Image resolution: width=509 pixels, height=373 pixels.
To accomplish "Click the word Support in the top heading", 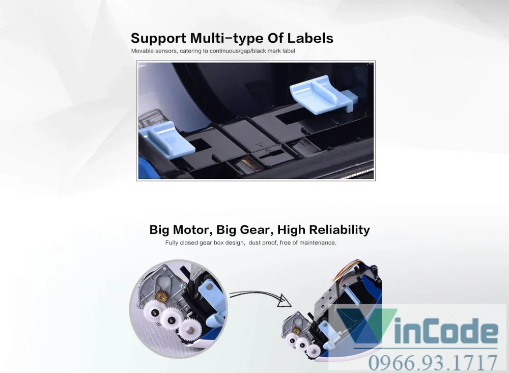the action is point(158,39).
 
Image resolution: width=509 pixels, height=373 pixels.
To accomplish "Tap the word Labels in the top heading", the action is point(310,38).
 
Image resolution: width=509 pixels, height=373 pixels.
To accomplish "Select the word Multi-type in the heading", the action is point(227,39).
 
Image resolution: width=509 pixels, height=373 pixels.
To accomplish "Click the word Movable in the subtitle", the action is point(142,50).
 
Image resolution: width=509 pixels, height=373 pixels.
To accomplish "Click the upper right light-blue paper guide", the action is point(323,95).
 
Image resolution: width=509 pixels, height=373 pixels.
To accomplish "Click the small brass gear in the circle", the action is point(161,297).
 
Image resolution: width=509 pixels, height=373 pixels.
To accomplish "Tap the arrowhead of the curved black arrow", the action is point(285,301).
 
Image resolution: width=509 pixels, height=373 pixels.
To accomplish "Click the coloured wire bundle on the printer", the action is point(347,269).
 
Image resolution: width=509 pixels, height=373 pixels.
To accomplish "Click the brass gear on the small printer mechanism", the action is point(296,331).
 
